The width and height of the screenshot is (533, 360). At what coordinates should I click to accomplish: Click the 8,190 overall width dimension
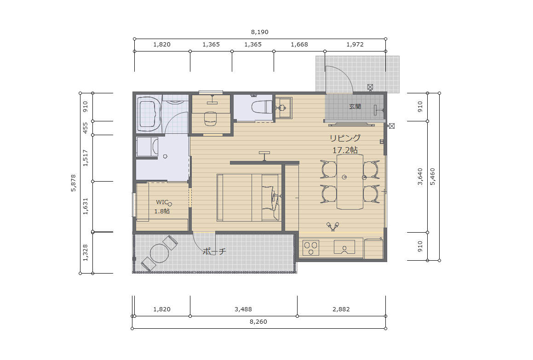[x=260, y=32]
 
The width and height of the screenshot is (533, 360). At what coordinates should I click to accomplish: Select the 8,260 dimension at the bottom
[x=258, y=321]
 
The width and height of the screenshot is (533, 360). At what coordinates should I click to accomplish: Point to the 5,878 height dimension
[x=74, y=183]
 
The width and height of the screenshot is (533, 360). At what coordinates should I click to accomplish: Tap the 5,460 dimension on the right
[x=432, y=177]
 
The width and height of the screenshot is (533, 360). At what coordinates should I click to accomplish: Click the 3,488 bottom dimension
[x=243, y=309]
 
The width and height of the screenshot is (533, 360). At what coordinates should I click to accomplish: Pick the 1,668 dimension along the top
[x=299, y=45]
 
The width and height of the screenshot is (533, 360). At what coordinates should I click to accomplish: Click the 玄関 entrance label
[x=355, y=106]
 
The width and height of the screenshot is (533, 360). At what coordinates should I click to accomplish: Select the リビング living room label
[x=345, y=137]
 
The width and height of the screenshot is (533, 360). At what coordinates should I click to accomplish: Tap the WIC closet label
[x=162, y=202]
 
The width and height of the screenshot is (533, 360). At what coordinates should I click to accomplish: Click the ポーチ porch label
[x=214, y=251]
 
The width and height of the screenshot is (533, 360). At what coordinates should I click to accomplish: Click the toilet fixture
[x=262, y=107]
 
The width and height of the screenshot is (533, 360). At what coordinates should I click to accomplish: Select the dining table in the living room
[x=350, y=182]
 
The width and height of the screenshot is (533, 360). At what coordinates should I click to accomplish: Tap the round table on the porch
[x=160, y=253]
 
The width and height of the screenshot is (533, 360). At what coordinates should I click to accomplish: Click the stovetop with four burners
[x=311, y=248]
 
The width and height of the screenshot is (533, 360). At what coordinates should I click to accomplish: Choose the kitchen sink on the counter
[x=344, y=247]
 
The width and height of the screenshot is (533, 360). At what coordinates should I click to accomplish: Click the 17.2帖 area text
[x=345, y=150]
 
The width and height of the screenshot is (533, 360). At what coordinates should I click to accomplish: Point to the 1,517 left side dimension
[x=86, y=158]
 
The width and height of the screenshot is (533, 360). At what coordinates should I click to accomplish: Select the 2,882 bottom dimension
[x=341, y=309]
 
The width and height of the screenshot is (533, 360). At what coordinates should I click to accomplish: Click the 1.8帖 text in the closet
[x=162, y=211]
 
